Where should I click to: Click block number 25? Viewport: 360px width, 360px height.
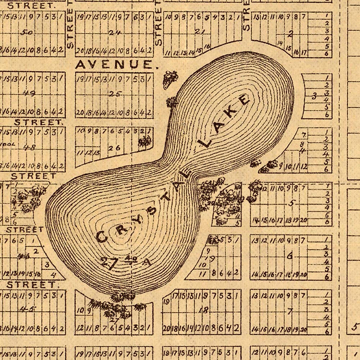pyautogui.click(x=115, y=94)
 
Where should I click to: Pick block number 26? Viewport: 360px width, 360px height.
pyautogui.click(x=114, y=147)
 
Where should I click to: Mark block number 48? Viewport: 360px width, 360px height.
pyautogui.click(x=31, y=147)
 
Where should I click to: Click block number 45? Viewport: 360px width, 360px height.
pyautogui.click(x=31, y=308)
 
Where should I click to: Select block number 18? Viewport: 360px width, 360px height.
pyautogui.click(x=205, y=310)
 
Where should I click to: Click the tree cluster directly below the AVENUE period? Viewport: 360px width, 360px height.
pyautogui.click(x=170, y=79)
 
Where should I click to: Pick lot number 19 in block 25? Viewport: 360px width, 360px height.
pyautogui.click(x=80, y=79)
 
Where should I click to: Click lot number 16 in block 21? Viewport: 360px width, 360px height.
pyautogui.click(x=207, y=46)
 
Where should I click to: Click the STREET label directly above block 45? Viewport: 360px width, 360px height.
pyautogui.click(x=31, y=284)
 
